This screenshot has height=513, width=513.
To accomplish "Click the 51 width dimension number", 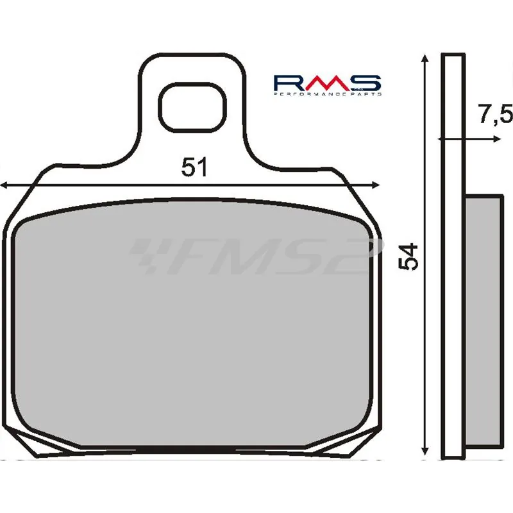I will (195, 168).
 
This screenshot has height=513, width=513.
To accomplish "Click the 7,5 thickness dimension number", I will (494, 115).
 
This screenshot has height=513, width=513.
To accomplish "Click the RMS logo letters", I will (327, 83).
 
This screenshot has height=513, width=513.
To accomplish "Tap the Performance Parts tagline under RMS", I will (327, 94).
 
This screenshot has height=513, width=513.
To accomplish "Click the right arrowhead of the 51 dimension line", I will (376, 185).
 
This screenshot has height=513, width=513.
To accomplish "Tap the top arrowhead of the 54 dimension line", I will (425, 58).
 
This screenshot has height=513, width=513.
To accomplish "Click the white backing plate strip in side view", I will (452, 256).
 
